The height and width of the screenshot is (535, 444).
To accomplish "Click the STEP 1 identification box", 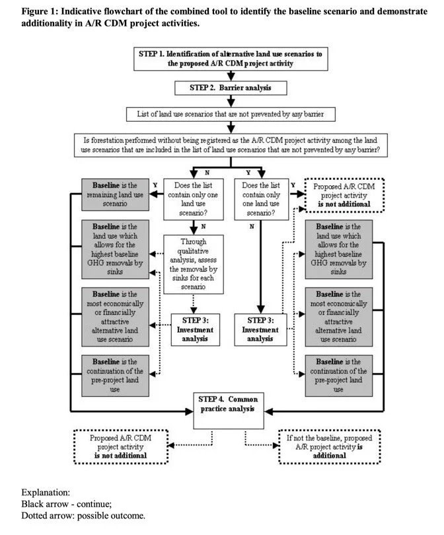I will click(x=231, y=58).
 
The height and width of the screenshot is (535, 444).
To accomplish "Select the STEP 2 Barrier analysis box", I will click(x=231, y=87).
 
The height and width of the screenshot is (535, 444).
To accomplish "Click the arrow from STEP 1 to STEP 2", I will click(x=231, y=75).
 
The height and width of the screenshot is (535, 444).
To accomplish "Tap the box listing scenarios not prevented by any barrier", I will click(x=231, y=114).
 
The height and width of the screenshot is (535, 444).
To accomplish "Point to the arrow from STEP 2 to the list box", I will click(x=231, y=100).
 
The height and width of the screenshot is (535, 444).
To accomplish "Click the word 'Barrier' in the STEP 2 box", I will click(x=227, y=87).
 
